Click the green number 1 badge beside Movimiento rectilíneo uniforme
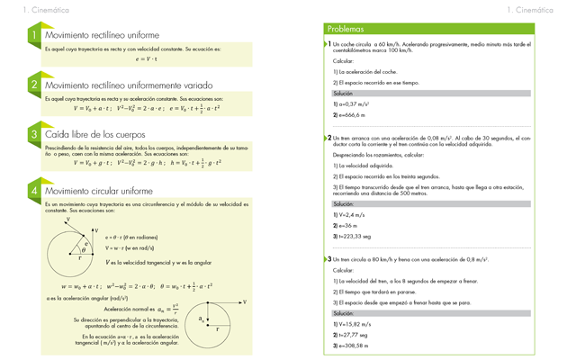click(x=33, y=35)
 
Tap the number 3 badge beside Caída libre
click(x=33, y=133)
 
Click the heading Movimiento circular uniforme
click(x=94, y=191)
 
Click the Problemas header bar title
click(x=346, y=29)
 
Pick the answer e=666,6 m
click(x=351, y=115)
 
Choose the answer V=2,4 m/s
click(x=352, y=215)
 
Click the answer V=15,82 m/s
click(x=354, y=324)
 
